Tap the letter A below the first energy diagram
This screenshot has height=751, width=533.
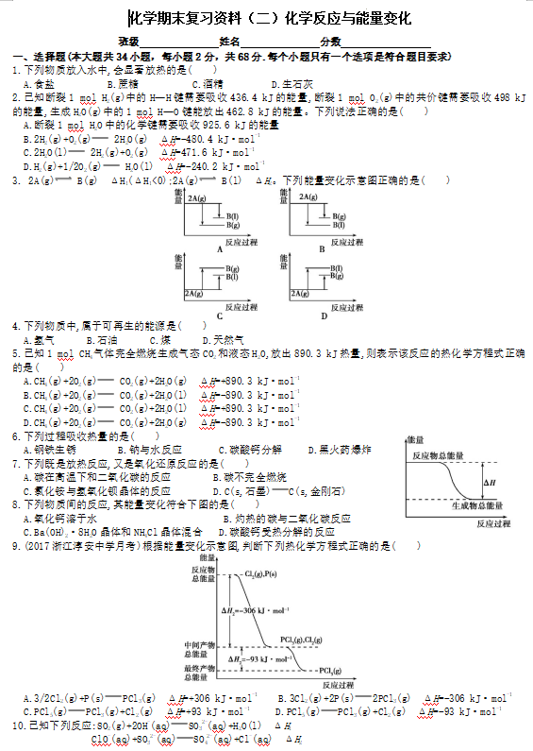(219, 248)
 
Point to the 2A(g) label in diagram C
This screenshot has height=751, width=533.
(196, 295)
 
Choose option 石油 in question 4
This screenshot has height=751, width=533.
(107, 340)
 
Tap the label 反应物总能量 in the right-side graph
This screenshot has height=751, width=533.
(438, 455)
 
